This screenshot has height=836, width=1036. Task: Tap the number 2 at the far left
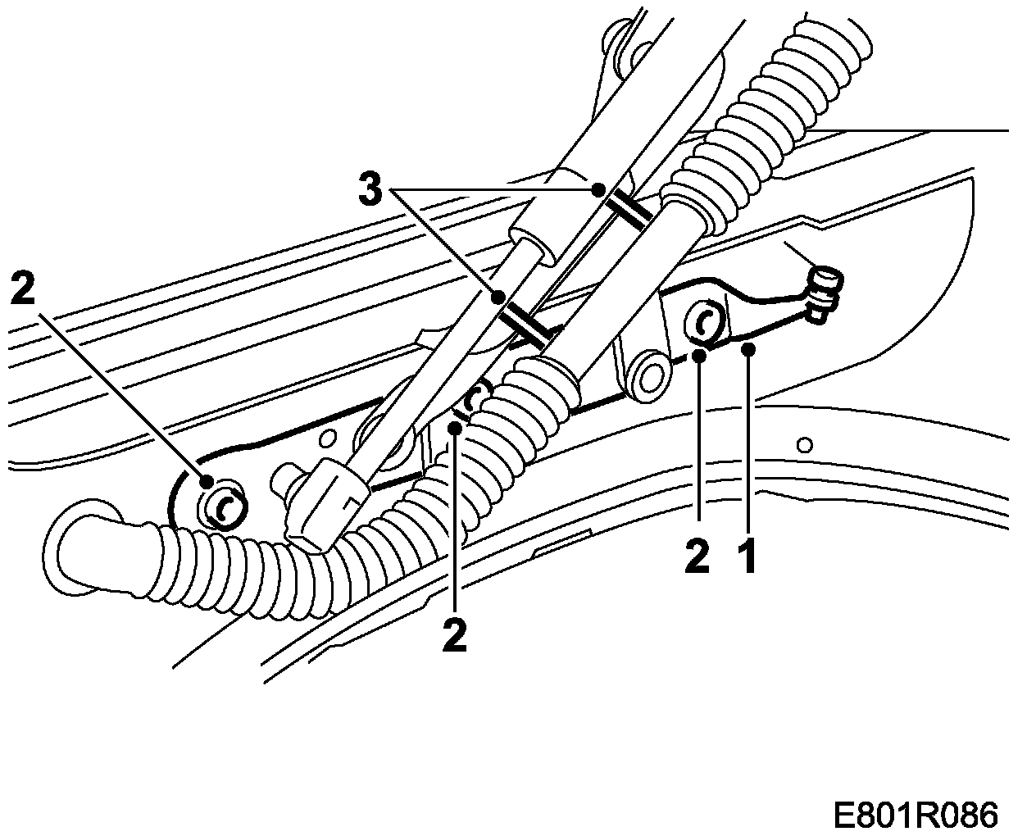point(24,291)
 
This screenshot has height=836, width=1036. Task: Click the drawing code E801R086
point(916,816)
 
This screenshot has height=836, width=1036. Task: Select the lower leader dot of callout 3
point(498,298)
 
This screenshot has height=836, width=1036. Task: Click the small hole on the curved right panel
point(806,445)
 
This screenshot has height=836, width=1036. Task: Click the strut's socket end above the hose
point(323,502)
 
